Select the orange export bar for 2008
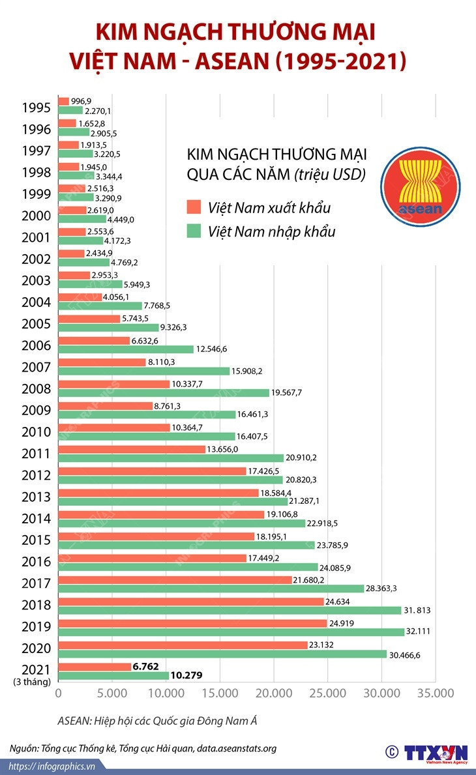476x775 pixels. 114,384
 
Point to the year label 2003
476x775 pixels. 36,280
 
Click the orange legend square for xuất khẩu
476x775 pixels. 194,208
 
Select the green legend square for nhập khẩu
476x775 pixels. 194,231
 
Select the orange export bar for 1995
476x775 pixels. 64,101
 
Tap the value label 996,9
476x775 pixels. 81,101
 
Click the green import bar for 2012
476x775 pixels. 171,480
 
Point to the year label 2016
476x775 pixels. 36,561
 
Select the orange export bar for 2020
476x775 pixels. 183,645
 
